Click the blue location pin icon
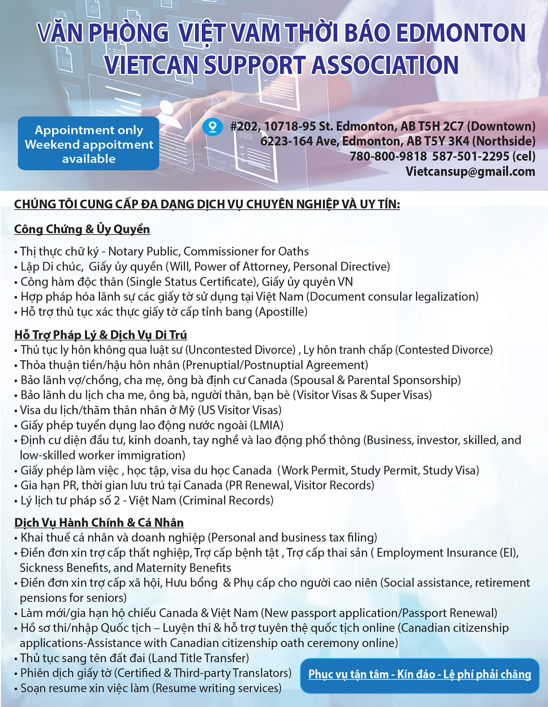[213, 127]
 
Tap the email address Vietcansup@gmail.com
[470, 171]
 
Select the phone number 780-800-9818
[388, 156]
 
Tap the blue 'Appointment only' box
[89, 144]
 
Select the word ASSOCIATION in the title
[385, 65]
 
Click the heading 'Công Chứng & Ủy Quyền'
[82, 229]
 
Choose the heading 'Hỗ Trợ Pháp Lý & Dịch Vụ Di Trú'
[101, 334]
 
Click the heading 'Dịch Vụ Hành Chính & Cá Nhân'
[99, 522]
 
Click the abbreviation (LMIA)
[267, 425]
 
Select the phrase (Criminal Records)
[226, 500]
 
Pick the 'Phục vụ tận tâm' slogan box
[420, 674]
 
